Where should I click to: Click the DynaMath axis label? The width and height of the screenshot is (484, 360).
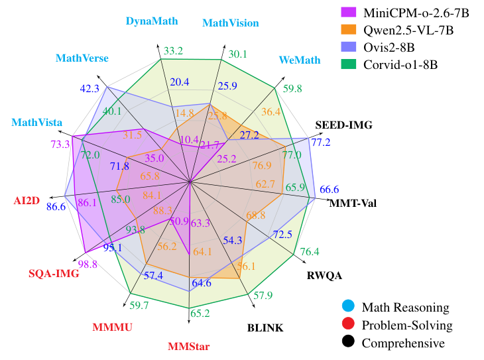click(152, 21)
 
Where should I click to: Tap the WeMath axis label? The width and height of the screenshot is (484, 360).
click(297, 60)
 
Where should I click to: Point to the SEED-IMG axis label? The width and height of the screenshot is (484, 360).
click(343, 125)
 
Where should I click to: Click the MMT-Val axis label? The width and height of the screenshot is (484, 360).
click(353, 203)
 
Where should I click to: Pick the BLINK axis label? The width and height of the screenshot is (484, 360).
click(265, 328)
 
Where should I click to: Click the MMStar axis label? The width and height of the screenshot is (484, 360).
click(189, 346)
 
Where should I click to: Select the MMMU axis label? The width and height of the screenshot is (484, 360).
click(113, 328)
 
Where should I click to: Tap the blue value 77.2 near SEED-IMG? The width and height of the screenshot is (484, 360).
click(321, 142)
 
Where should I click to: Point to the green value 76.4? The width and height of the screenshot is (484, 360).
click(310, 252)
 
